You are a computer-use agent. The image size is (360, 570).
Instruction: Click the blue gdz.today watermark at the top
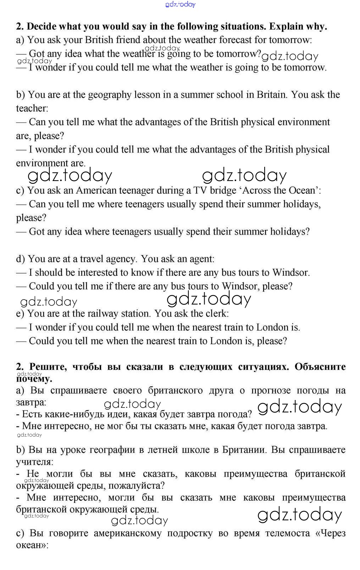pyautogui.click(x=180, y=4)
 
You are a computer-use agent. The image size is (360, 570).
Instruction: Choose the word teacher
pyautogui.click(x=31, y=108)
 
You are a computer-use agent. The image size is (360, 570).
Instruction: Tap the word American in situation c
pyautogui.click(x=96, y=190)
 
